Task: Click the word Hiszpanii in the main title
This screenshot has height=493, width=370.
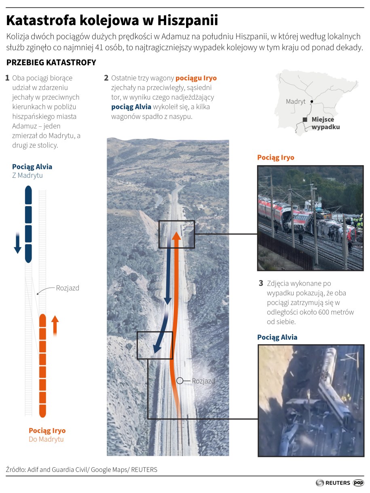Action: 188,21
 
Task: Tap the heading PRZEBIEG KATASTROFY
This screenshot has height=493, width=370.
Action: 51,62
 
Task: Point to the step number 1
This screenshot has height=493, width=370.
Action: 7,78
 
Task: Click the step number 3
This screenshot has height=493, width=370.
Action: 261,283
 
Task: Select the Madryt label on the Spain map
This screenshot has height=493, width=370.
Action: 296,102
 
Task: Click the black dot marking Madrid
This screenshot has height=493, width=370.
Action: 311,102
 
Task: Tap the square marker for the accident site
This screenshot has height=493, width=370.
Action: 305,120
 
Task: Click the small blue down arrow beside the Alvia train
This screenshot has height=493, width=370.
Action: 18,243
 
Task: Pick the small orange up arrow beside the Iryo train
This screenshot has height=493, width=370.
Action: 55,326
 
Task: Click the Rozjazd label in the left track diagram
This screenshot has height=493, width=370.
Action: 68,288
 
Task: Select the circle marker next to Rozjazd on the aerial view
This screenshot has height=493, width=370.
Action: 180,381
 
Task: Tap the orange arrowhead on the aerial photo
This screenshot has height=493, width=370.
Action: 176,236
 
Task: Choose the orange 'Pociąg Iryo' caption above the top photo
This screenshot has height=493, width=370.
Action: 276,158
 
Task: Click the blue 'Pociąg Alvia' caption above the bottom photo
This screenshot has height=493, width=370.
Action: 277,337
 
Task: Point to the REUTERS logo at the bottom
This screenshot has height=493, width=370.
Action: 333,482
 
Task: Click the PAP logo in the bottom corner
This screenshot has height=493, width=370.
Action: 358,482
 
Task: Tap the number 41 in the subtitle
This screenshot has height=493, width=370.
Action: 99,48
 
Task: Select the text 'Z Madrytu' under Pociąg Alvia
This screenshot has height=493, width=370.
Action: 27,175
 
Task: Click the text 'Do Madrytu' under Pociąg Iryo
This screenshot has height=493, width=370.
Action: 46,439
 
